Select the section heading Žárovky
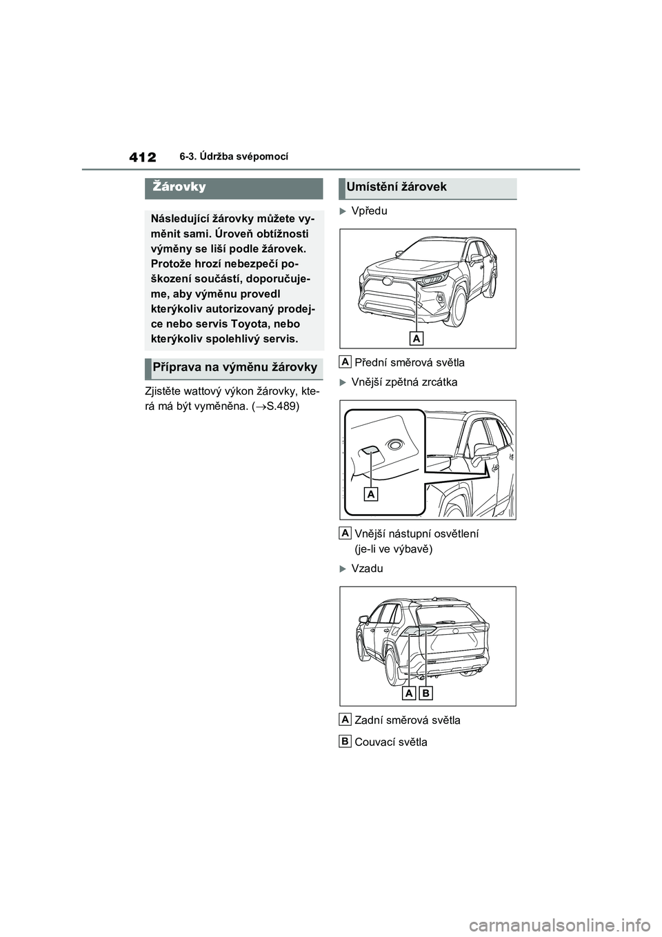[x=179, y=188]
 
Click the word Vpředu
[x=369, y=210]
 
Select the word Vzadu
[x=367, y=569]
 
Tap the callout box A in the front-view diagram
[x=416, y=338]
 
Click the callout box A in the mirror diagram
[x=371, y=495]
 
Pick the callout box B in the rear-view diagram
[x=426, y=693]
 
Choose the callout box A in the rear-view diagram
[x=410, y=693]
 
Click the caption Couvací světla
[x=390, y=742]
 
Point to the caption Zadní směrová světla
[x=407, y=720]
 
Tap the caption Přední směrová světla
[x=409, y=362]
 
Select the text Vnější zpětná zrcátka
[x=404, y=382]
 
